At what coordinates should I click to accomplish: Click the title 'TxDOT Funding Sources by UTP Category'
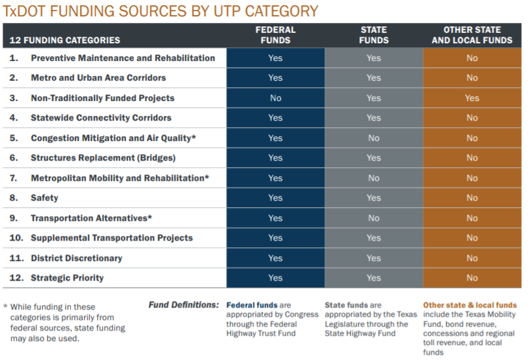coord(161,11)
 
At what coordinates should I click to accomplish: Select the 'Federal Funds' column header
coord(275,35)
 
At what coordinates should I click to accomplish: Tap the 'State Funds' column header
coord(374,35)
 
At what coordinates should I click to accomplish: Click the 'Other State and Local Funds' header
coord(472,35)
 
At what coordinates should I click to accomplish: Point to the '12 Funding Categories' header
coord(65,40)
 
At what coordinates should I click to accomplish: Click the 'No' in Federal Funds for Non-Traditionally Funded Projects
coord(275,98)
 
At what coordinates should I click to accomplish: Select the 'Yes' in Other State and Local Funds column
coord(472,98)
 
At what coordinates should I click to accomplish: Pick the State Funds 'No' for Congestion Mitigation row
coord(374,138)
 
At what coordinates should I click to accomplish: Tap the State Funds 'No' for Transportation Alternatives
coord(374,218)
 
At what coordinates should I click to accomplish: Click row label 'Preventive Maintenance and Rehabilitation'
coord(123,58)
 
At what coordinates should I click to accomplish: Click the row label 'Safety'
coord(45,198)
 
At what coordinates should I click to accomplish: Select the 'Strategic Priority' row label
coord(67,278)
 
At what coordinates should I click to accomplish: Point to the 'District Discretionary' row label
coord(76,258)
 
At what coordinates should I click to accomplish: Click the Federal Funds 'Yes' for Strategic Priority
coord(275,278)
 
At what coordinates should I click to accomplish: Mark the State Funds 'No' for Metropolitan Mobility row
coord(374,178)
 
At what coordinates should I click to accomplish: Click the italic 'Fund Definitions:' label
coord(184,305)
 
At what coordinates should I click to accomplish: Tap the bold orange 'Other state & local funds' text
coord(469,305)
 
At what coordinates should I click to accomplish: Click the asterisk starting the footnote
coord(5,307)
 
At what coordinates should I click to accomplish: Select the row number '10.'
coord(17,238)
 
